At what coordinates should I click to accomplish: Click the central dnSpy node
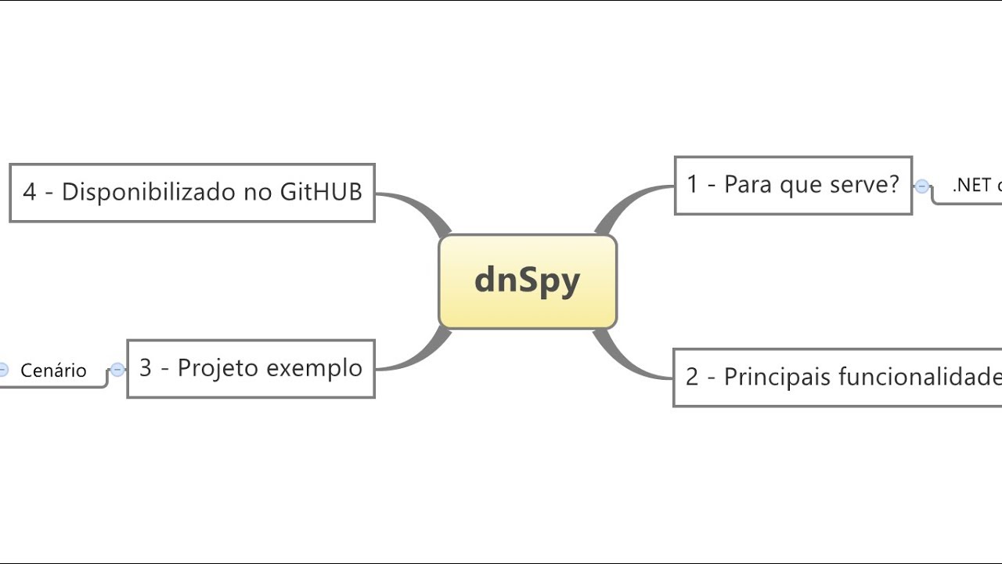527,281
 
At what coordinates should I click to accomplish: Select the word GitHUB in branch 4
321,192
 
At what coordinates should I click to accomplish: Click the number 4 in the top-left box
30,193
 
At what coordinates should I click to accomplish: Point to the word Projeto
218,368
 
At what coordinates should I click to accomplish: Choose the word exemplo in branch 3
315,368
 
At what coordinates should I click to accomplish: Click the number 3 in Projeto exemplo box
146,368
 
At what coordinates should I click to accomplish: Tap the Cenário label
53,371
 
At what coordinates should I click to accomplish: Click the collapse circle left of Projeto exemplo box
117,370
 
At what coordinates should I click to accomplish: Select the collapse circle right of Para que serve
922,186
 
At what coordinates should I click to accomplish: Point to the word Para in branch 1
744,184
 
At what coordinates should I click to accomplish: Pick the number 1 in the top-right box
692,185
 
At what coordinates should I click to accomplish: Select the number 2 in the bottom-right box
692,378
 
